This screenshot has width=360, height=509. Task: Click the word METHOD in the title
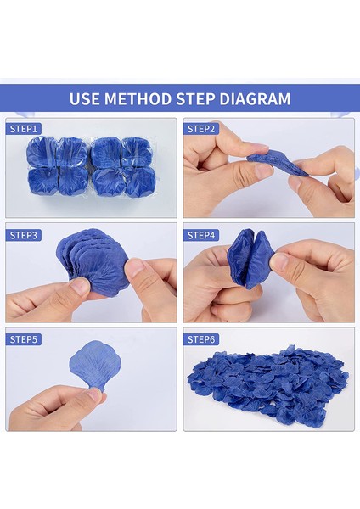tap(138, 98)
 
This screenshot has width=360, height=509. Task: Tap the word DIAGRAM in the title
tap(255, 98)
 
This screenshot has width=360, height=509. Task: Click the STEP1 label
tap(24, 129)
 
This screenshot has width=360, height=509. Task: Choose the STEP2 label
tap(201, 129)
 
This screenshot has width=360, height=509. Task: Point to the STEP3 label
tap(24, 235)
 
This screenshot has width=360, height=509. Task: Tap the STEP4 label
tap(201, 235)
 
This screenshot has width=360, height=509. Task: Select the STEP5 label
tap(24, 339)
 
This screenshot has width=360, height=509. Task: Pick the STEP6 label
tap(201, 339)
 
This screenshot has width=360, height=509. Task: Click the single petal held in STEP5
tap(95, 364)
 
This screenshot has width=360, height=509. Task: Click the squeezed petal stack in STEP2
tap(278, 164)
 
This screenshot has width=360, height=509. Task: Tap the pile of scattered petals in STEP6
tap(268, 386)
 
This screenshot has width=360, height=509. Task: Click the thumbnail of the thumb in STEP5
tap(94, 394)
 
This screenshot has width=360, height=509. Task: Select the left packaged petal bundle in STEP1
tap(58, 167)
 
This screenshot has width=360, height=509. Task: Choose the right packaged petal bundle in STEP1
tap(123, 167)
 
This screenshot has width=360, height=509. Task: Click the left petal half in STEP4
tap(239, 256)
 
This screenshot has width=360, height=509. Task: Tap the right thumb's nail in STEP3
tap(135, 267)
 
